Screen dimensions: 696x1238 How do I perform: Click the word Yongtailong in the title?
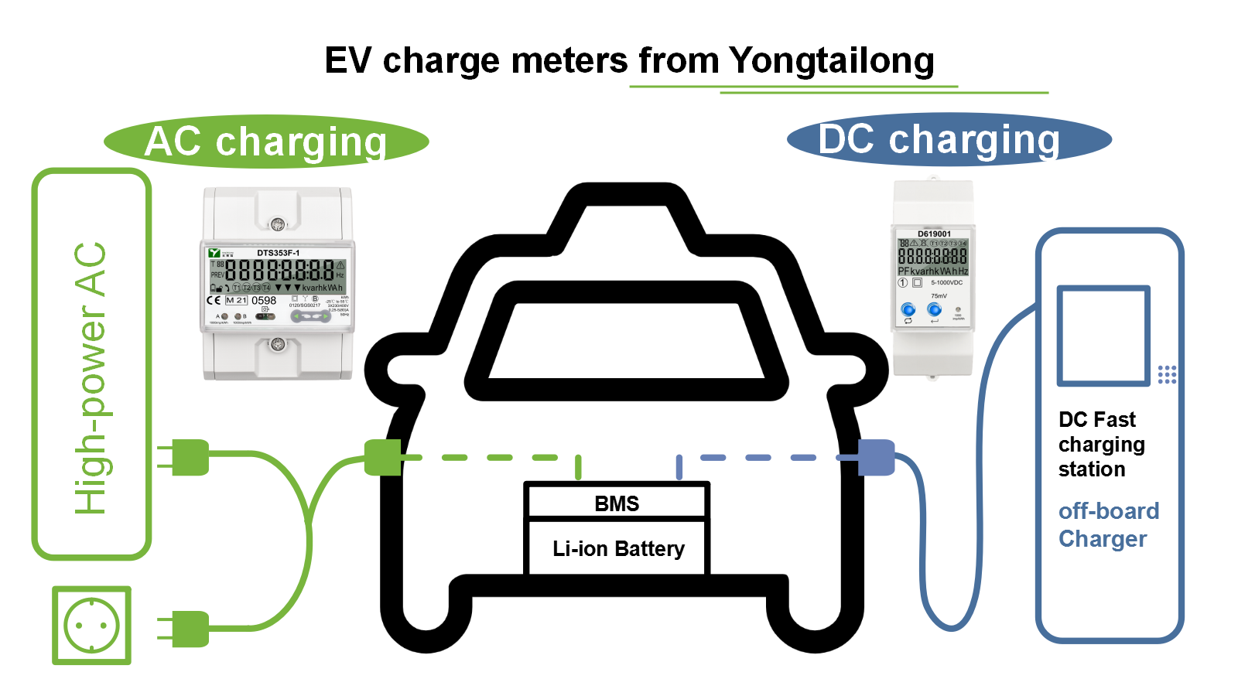831,62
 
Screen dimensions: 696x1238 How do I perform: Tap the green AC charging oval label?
266,142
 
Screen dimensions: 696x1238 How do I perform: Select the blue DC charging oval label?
949,140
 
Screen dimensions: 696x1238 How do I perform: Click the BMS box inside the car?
617,503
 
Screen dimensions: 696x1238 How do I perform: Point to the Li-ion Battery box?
617,548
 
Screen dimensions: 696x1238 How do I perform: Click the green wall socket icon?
91,625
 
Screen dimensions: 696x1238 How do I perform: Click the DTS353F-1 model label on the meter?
278,253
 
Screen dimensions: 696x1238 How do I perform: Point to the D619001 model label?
934,234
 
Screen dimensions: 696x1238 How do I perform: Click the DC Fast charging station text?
1101,444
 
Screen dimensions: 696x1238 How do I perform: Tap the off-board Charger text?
1108,524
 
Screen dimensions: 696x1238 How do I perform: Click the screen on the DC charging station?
1103,335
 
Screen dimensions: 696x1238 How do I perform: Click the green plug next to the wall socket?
186,629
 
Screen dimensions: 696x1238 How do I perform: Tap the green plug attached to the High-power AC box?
186,457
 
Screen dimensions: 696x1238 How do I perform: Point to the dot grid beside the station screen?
1167,374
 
